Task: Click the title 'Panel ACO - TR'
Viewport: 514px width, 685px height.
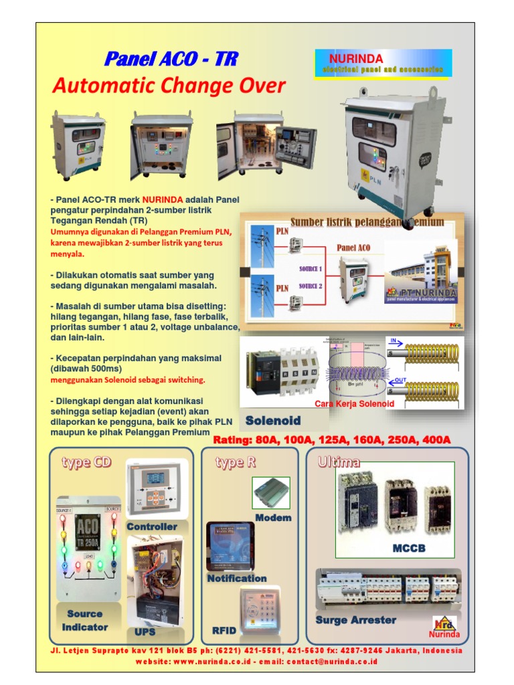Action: (x=171, y=59)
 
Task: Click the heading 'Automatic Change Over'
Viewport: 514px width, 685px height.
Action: (x=169, y=86)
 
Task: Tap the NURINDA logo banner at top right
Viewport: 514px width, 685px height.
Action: (x=383, y=64)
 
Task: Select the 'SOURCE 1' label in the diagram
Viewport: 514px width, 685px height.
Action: (x=310, y=269)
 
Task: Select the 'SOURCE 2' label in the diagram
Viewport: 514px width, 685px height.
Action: (x=310, y=286)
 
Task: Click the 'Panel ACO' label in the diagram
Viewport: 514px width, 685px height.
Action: (x=353, y=248)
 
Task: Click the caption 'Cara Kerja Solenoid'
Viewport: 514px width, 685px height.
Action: (x=354, y=404)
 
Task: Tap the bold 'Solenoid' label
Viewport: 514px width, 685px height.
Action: (x=272, y=421)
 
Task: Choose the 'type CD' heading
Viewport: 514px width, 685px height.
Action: (x=86, y=462)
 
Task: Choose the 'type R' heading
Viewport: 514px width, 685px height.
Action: (x=235, y=462)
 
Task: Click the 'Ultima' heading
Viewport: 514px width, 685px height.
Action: (x=339, y=462)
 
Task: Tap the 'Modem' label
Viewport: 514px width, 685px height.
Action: (x=273, y=518)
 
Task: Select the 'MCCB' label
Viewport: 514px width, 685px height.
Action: (x=409, y=549)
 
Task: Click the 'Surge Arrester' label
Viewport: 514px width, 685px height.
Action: (x=355, y=620)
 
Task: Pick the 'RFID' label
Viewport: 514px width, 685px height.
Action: (x=224, y=630)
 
